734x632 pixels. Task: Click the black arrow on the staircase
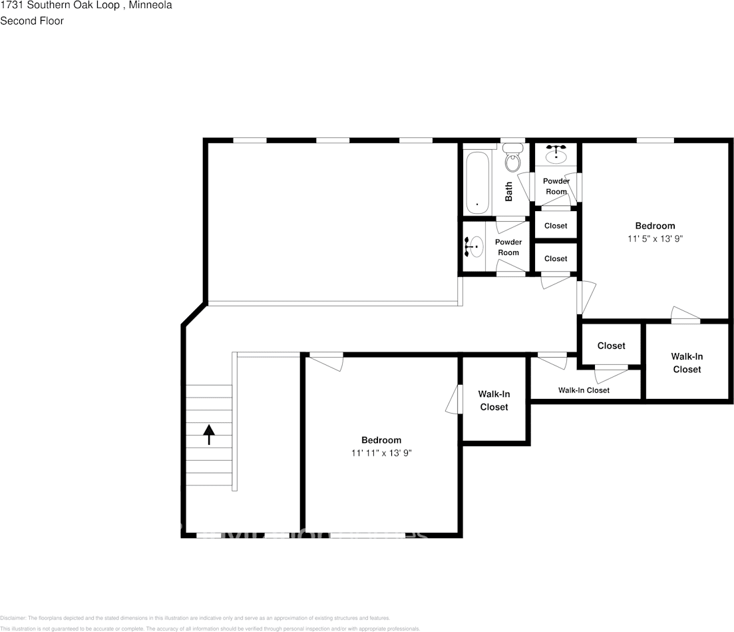209,434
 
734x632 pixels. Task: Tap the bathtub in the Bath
477,182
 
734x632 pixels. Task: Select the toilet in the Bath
512,161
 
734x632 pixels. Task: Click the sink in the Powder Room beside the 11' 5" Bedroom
556,155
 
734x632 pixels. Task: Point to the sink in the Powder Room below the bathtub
474,247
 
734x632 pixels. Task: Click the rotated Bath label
509,192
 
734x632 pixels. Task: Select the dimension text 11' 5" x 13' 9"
655,238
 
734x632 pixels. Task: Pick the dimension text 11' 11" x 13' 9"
381,453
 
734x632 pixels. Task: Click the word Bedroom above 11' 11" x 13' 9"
381,440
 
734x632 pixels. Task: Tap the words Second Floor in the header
32,21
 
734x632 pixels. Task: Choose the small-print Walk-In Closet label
584,390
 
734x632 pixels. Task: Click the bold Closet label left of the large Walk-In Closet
611,346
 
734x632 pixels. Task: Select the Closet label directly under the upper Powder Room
556,226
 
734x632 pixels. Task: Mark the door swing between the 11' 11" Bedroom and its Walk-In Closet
453,400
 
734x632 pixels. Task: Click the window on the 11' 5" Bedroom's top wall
655,140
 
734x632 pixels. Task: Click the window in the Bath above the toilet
512,141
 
